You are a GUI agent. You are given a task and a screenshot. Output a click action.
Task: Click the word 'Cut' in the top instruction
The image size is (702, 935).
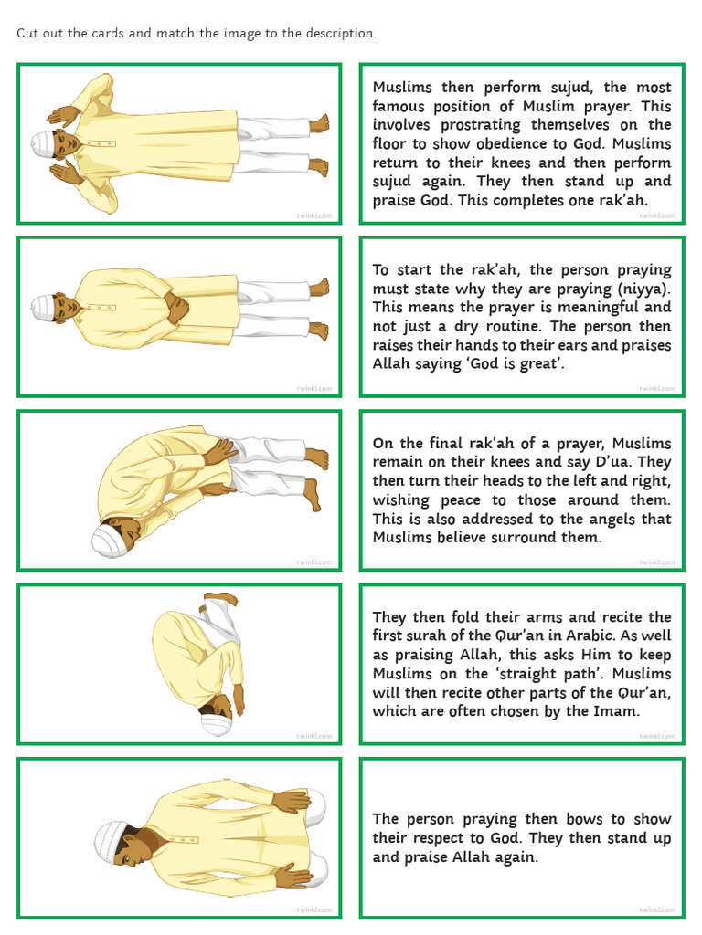pos(27,34)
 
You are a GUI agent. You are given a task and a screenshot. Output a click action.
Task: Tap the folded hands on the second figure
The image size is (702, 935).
pos(175,310)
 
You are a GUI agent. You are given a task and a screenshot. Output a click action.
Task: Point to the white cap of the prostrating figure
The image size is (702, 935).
pos(216,723)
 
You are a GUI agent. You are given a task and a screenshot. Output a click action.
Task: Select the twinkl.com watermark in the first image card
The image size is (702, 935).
pos(314,215)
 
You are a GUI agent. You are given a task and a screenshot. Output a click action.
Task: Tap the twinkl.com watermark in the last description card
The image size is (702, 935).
pos(657,910)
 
